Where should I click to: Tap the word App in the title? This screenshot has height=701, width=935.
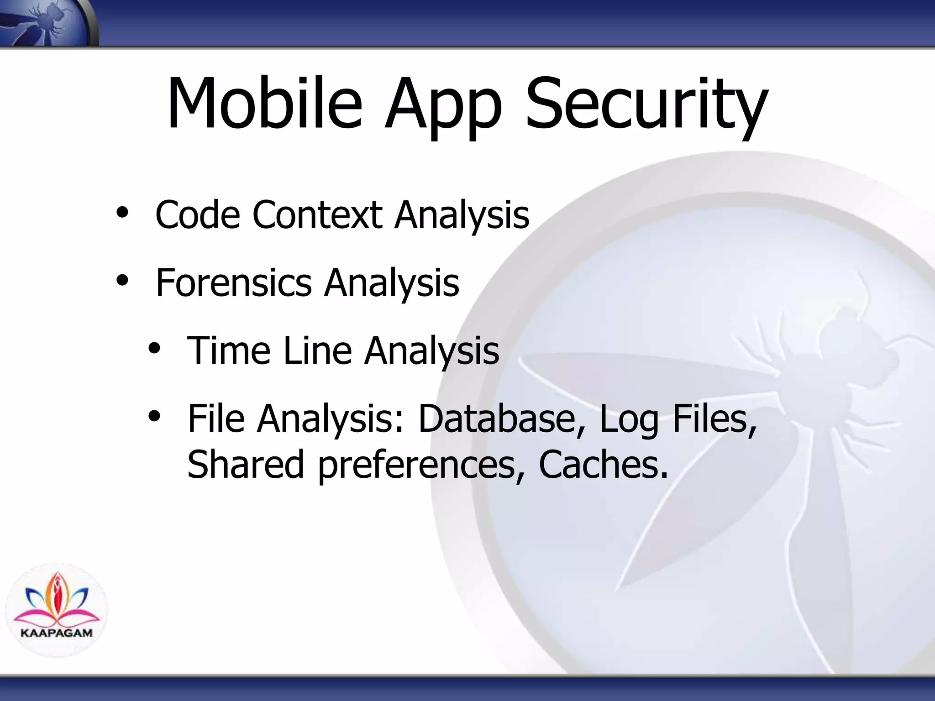[x=443, y=107]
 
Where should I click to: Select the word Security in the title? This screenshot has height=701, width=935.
[x=646, y=107]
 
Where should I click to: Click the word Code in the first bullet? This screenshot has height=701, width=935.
[x=198, y=214]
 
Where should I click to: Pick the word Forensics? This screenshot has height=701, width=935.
[x=234, y=282]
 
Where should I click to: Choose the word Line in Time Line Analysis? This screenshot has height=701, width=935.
[x=317, y=350]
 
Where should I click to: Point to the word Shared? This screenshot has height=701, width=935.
[x=246, y=464]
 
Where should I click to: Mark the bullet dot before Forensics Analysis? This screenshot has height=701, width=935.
[x=122, y=281]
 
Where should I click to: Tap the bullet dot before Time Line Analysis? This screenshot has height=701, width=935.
[x=154, y=349]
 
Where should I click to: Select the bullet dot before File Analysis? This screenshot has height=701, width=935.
[x=154, y=416]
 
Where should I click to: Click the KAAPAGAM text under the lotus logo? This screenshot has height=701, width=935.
[x=57, y=633]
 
